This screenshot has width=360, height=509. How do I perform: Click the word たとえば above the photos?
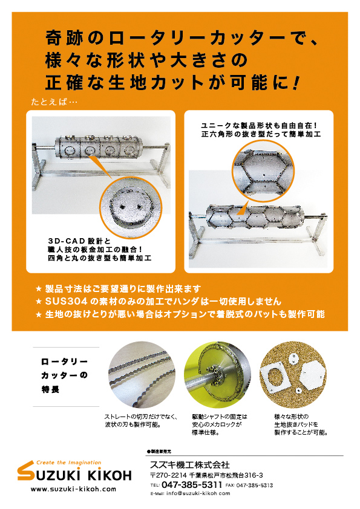[x=50, y=101]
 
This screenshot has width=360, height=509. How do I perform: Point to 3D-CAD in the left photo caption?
[x=64, y=240]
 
